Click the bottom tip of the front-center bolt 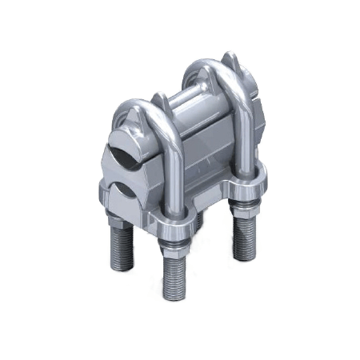point(174,297)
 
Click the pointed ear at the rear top point(231,61)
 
